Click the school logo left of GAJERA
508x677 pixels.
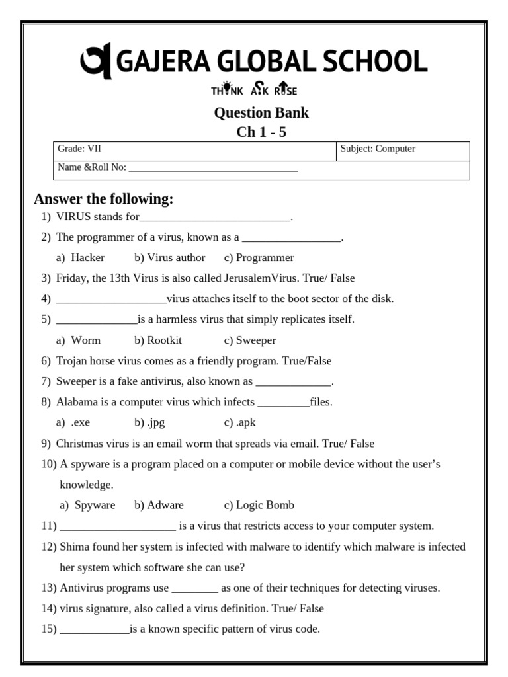pos(95,62)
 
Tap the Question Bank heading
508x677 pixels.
pos(261,112)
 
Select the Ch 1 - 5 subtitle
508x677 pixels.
pos(261,132)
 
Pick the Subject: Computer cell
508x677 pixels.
pos(378,149)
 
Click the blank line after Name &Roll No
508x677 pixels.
pos(213,168)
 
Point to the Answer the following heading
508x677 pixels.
pos(104,199)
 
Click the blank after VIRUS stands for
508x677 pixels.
pos(215,218)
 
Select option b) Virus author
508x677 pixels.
pos(170,257)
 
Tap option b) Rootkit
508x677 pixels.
pos(158,340)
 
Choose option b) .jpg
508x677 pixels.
pos(149,422)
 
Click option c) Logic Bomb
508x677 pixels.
pos(259,505)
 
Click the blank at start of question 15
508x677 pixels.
pos(95,629)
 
